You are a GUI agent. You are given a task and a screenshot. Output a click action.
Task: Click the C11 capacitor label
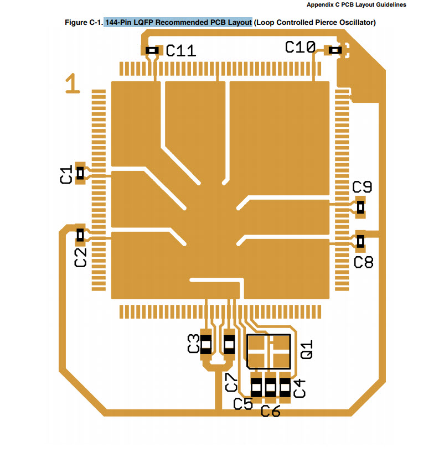181,51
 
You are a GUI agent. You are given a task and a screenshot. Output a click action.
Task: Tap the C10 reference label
300,48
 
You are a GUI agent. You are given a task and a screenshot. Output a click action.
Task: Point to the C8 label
363,262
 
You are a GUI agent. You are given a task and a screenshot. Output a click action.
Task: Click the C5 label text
243,404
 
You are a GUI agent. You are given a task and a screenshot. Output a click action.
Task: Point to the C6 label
270,411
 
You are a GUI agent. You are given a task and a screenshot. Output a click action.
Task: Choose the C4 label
299,388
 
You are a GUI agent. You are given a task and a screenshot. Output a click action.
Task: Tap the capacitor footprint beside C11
152,50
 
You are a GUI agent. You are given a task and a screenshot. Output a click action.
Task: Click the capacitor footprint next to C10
335,50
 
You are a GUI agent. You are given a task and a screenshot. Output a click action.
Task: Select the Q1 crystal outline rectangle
269,351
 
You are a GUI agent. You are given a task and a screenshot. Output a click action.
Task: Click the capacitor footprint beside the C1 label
80,173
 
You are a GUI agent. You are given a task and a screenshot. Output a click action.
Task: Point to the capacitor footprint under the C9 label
360,207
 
